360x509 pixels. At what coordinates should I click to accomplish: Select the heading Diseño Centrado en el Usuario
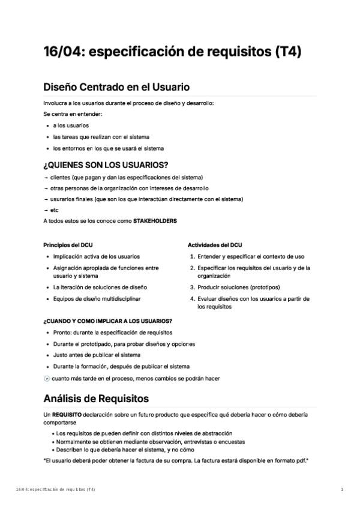[x=116, y=87]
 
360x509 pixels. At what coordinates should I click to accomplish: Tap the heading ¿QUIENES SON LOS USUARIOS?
[x=106, y=164]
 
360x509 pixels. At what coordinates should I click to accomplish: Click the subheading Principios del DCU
[x=68, y=245]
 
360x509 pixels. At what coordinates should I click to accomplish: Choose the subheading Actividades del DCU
[x=215, y=245]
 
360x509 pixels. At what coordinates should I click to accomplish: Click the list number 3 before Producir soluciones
[x=192, y=288]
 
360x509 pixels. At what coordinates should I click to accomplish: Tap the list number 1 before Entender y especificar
[x=192, y=256]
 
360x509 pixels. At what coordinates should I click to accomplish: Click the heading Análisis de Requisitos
[x=96, y=398]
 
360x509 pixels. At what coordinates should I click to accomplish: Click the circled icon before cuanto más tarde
[x=47, y=379]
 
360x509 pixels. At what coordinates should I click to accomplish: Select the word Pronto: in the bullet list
[x=62, y=332]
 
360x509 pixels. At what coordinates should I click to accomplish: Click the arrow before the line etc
[x=46, y=210]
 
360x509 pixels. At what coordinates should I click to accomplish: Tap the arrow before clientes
[x=46, y=177]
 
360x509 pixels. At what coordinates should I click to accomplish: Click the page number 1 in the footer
[x=342, y=490]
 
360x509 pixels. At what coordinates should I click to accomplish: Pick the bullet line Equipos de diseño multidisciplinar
[x=97, y=298]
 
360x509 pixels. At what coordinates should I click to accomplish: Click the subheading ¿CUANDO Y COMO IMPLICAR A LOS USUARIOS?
[x=108, y=321]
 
